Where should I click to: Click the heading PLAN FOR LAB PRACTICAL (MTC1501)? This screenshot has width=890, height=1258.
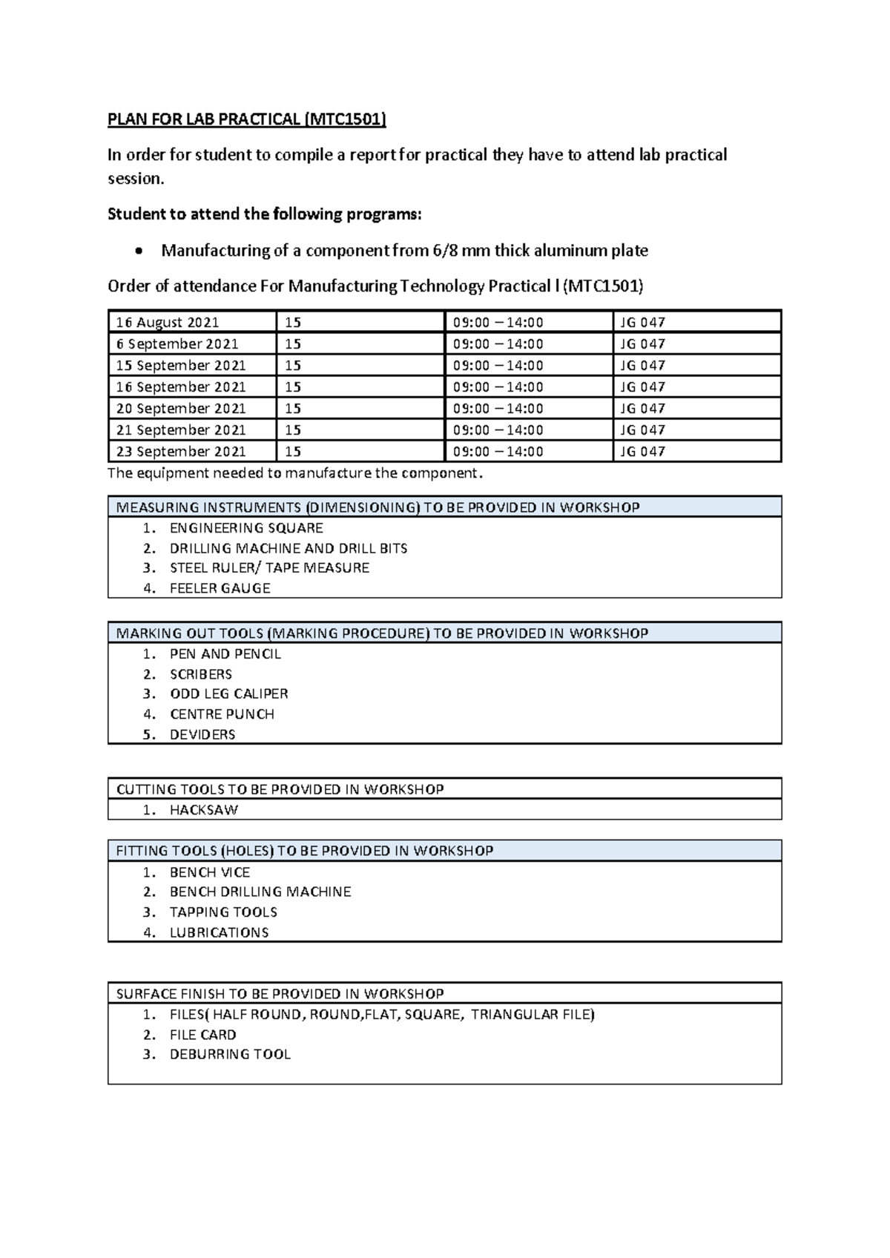(x=247, y=119)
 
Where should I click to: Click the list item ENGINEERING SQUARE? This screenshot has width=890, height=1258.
(x=246, y=528)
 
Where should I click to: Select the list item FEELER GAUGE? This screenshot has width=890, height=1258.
(x=220, y=588)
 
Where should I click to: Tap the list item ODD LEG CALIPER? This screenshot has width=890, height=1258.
(x=228, y=694)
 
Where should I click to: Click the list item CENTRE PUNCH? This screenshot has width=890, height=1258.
(x=222, y=714)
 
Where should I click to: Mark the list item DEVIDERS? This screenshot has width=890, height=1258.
(x=202, y=734)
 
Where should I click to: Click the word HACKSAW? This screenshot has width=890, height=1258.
(x=204, y=810)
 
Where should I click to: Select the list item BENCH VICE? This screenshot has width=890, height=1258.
(x=210, y=872)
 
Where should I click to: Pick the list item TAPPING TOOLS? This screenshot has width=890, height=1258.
(x=223, y=912)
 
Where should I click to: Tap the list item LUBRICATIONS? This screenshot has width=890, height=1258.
(x=219, y=932)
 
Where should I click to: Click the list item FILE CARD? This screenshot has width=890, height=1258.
(x=202, y=1035)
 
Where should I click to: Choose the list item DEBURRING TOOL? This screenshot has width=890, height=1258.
(x=230, y=1055)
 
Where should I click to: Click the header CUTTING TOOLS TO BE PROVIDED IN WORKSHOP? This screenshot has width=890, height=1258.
(x=280, y=789)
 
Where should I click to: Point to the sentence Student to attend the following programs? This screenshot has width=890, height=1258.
(x=264, y=214)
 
